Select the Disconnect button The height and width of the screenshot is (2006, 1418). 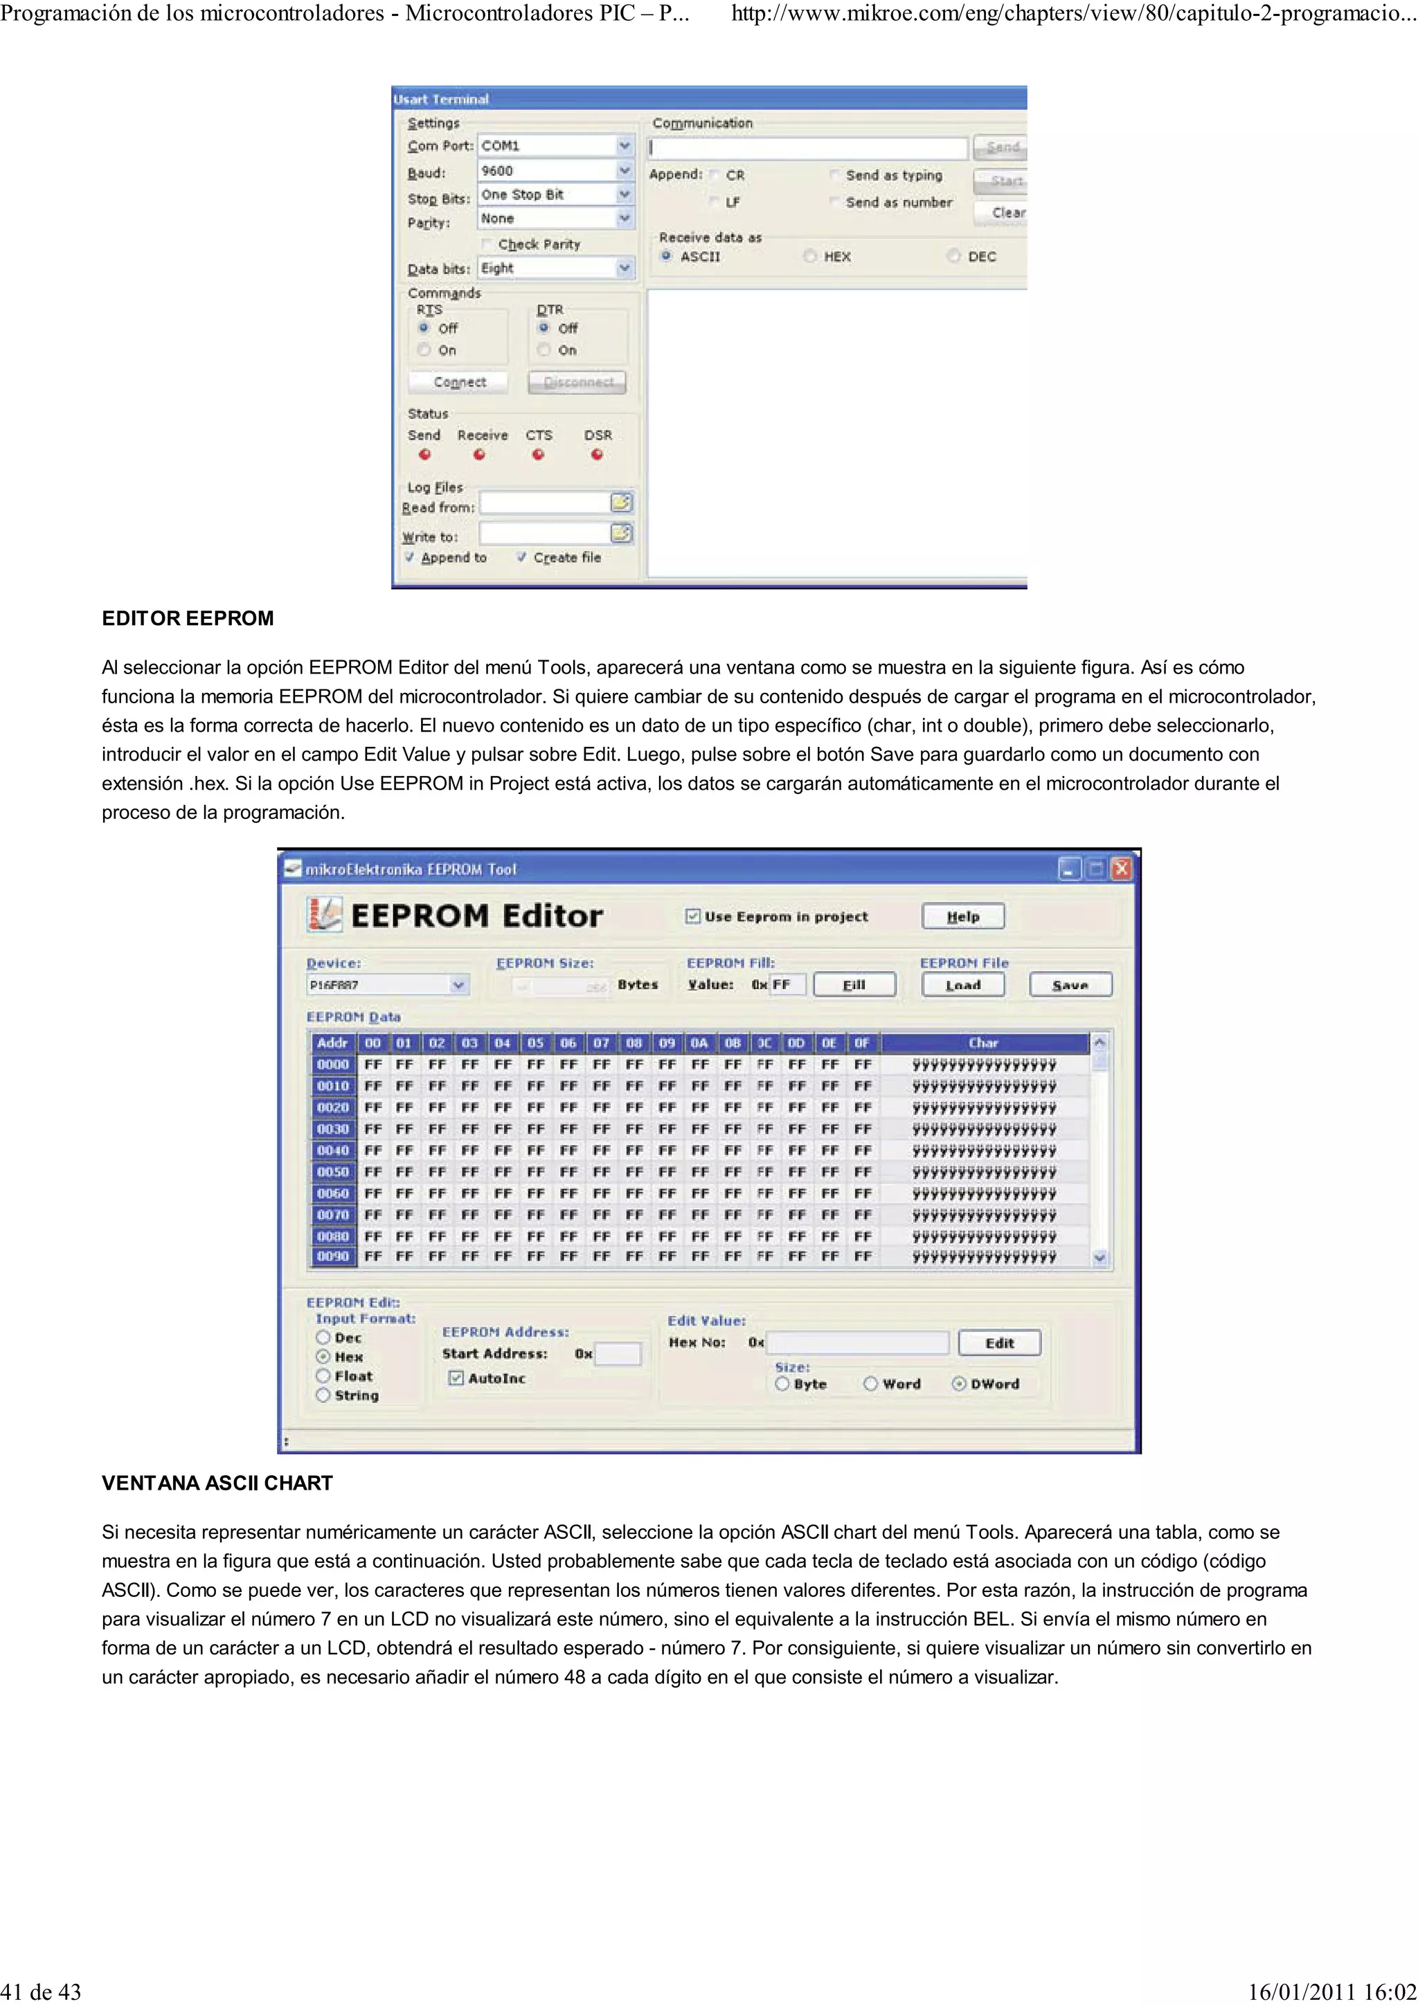[577, 383]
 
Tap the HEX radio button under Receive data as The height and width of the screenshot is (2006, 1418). [810, 256]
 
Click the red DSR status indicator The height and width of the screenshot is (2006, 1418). [597, 454]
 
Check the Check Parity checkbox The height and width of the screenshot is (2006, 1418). [487, 244]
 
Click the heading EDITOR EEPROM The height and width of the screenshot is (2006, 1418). [188, 619]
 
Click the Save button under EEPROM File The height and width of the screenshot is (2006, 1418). [1070, 984]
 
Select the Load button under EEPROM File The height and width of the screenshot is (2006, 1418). [963, 984]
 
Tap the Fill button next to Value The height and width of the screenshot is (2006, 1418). [854, 984]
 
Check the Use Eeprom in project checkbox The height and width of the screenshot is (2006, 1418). [693, 916]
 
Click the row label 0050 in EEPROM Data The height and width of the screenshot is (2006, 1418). [333, 1172]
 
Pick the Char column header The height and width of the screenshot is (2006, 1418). [983, 1042]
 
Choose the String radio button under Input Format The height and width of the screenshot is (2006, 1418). [323, 1395]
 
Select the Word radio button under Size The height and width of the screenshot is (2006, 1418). [870, 1384]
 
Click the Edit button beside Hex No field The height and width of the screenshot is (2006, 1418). [1000, 1343]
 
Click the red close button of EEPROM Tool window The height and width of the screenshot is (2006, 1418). [1121, 869]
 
